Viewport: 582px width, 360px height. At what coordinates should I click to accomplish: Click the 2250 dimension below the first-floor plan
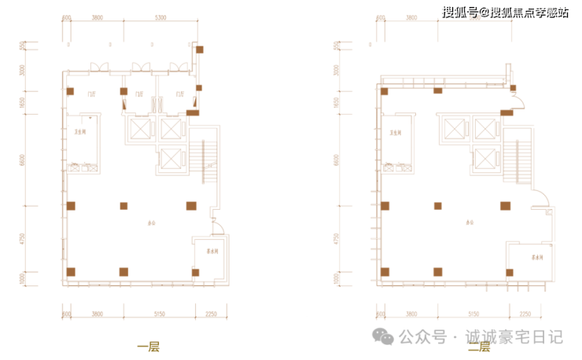(210, 314)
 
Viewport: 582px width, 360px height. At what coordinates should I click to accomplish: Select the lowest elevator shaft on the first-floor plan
(170, 160)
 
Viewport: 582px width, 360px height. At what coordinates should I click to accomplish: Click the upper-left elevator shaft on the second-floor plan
(455, 127)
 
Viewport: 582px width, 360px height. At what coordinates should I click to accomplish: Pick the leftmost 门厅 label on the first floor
(91, 94)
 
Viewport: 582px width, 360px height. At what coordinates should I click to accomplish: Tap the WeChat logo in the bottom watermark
(384, 336)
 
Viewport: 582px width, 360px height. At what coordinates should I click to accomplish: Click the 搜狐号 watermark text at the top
(460, 11)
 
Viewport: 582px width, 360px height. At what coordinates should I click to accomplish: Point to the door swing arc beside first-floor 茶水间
(221, 229)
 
